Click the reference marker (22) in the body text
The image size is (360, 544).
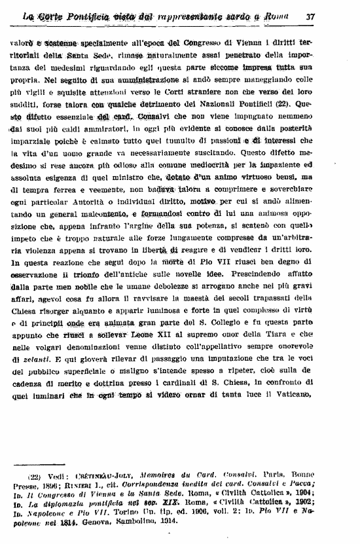click(x=283, y=103)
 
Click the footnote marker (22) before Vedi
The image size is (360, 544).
click(x=35, y=477)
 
